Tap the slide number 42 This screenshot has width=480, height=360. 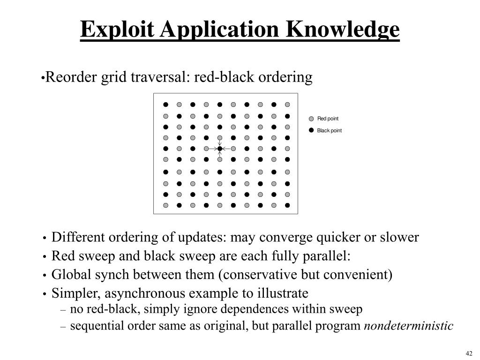tap(469, 353)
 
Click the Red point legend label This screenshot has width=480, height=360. tap(328, 119)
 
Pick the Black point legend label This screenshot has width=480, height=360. tap(329, 130)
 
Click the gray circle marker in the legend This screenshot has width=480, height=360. tap(311, 119)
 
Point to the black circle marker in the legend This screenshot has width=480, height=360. tap(311, 130)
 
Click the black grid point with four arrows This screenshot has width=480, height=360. tap(219, 149)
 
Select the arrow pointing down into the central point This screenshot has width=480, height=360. tap(219, 142)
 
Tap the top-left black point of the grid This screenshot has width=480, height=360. tap(165, 105)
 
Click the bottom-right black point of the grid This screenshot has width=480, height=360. tap(287, 205)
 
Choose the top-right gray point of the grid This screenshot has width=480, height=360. tap(287, 105)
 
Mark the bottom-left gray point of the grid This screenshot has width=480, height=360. tap(165, 205)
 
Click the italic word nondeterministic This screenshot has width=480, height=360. tap(409, 326)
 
